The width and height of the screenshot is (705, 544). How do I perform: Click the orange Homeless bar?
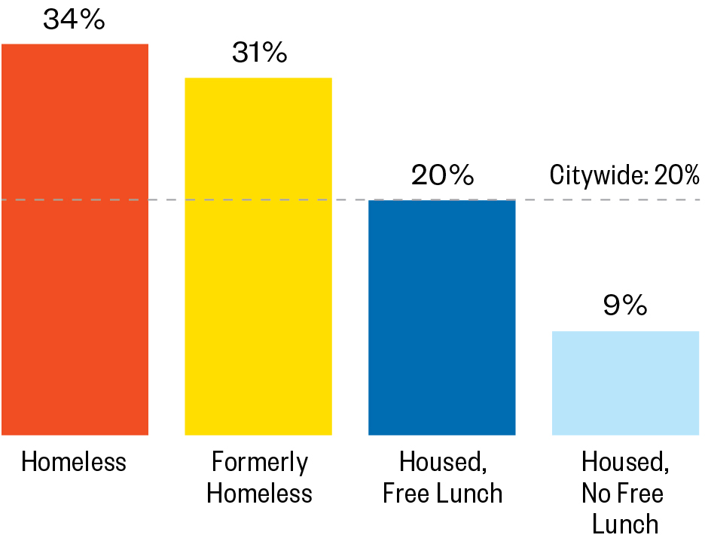click(x=75, y=239)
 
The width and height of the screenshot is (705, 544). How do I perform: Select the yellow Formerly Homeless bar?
click(x=258, y=256)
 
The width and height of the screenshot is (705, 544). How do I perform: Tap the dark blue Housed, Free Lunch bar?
click(x=441, y=317)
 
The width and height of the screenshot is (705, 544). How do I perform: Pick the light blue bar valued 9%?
click(x=625, y=382)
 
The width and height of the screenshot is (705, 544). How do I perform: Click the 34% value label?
click(x=74, y=20)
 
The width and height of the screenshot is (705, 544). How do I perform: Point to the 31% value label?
click(x=258, y=53)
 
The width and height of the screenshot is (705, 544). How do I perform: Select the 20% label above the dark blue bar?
click(x=442, y=175)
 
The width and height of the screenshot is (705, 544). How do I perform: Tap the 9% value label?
click(x=625, y=306)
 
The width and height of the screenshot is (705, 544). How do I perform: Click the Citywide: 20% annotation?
click(x=624, y=176)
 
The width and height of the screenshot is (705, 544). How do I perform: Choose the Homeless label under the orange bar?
click(x=74, y=461)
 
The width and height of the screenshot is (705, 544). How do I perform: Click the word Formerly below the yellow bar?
click(x=260, y=462)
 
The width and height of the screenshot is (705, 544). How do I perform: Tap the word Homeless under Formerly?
click(x=260, y=494)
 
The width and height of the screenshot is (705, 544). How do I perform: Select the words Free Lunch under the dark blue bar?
click(x=442, y=494)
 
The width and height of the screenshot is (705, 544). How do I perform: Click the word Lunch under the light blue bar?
click(x=625, y=524)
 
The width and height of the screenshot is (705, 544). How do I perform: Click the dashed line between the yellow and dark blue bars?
click(x=350, y=200)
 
